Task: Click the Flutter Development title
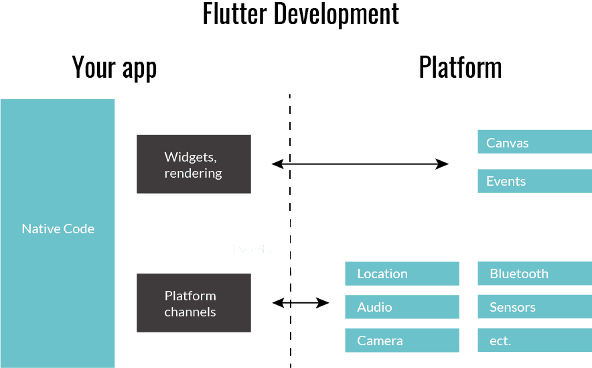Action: click(x=301, y=15)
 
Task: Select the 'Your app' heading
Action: click(x=115, y=68)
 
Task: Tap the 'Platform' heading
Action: click(x=461, y=68)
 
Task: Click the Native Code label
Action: click(x=58, y=229)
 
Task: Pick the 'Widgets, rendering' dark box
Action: click(x=194, y=164)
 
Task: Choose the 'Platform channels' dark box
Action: click(x=194, y=303)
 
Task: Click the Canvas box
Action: click(x=534, y=142)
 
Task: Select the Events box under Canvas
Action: click(x=534, y=181)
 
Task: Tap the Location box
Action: click(x=402, y=273)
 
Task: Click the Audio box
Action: click(x=402, y=307)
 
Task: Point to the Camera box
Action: click(x=402, y=341)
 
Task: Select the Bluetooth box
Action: click(x=534, y=273)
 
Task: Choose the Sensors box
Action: click(x=534, y=307)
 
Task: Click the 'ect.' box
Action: click(x=534, y=341)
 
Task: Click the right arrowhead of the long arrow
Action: click(x=443, y=164)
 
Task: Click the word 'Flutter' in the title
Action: click(x=235, y=15)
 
